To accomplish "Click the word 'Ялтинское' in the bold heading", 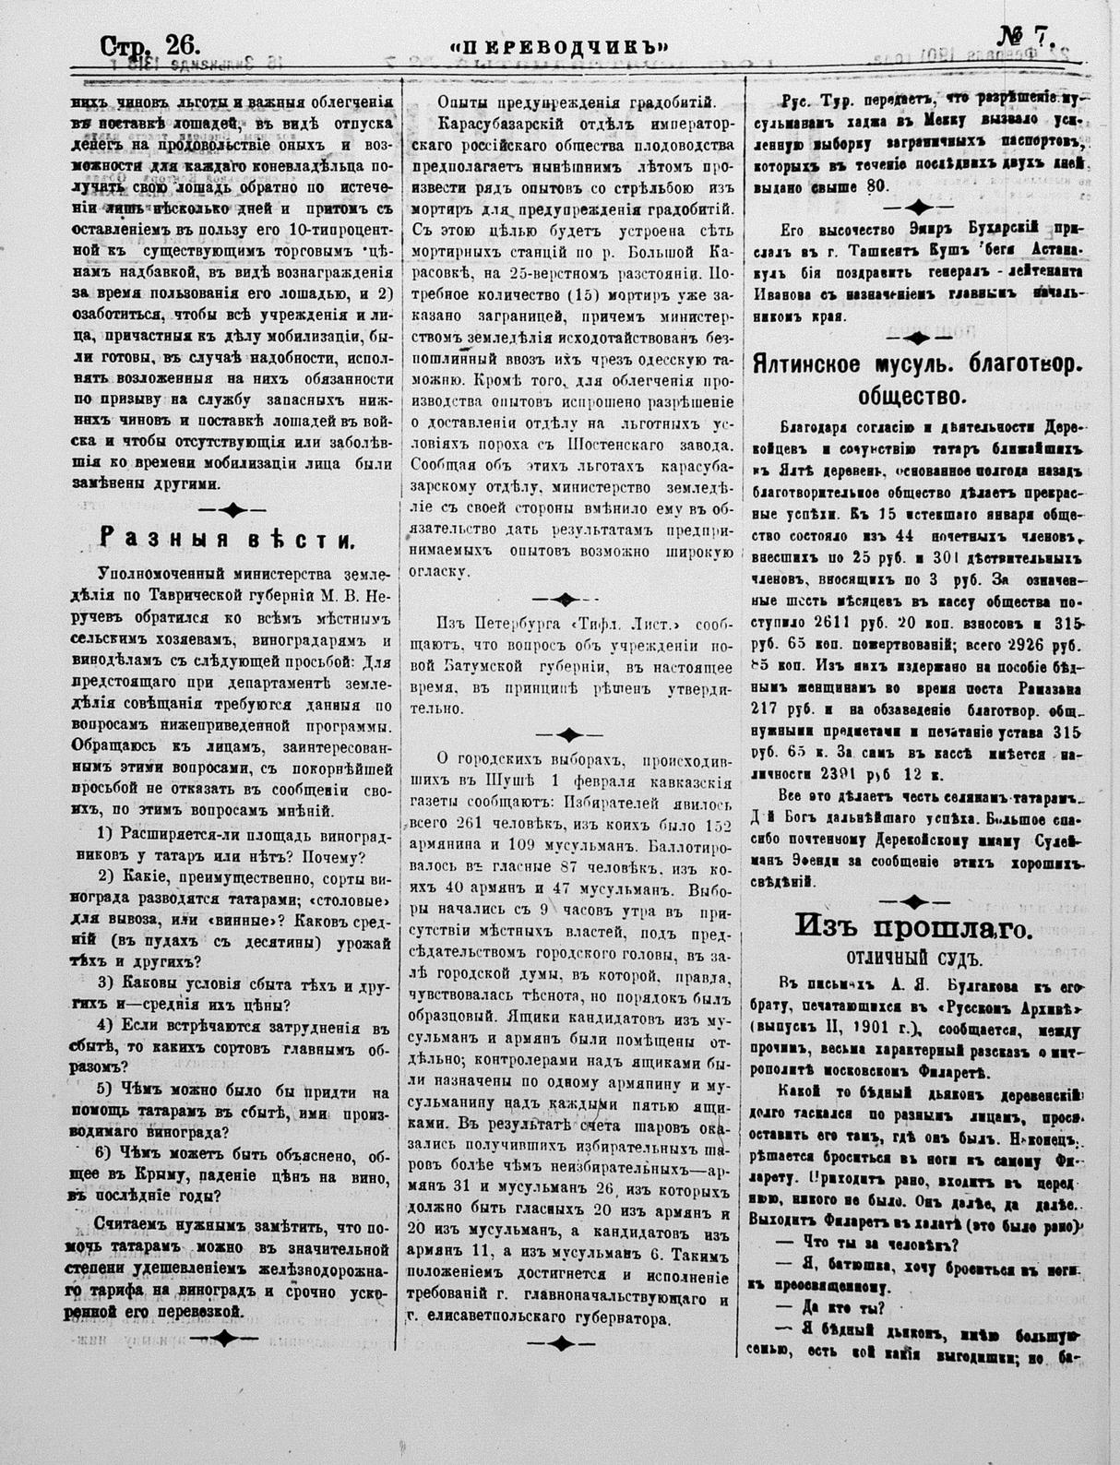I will (812, 363).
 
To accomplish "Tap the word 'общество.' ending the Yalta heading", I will (910, 398).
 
